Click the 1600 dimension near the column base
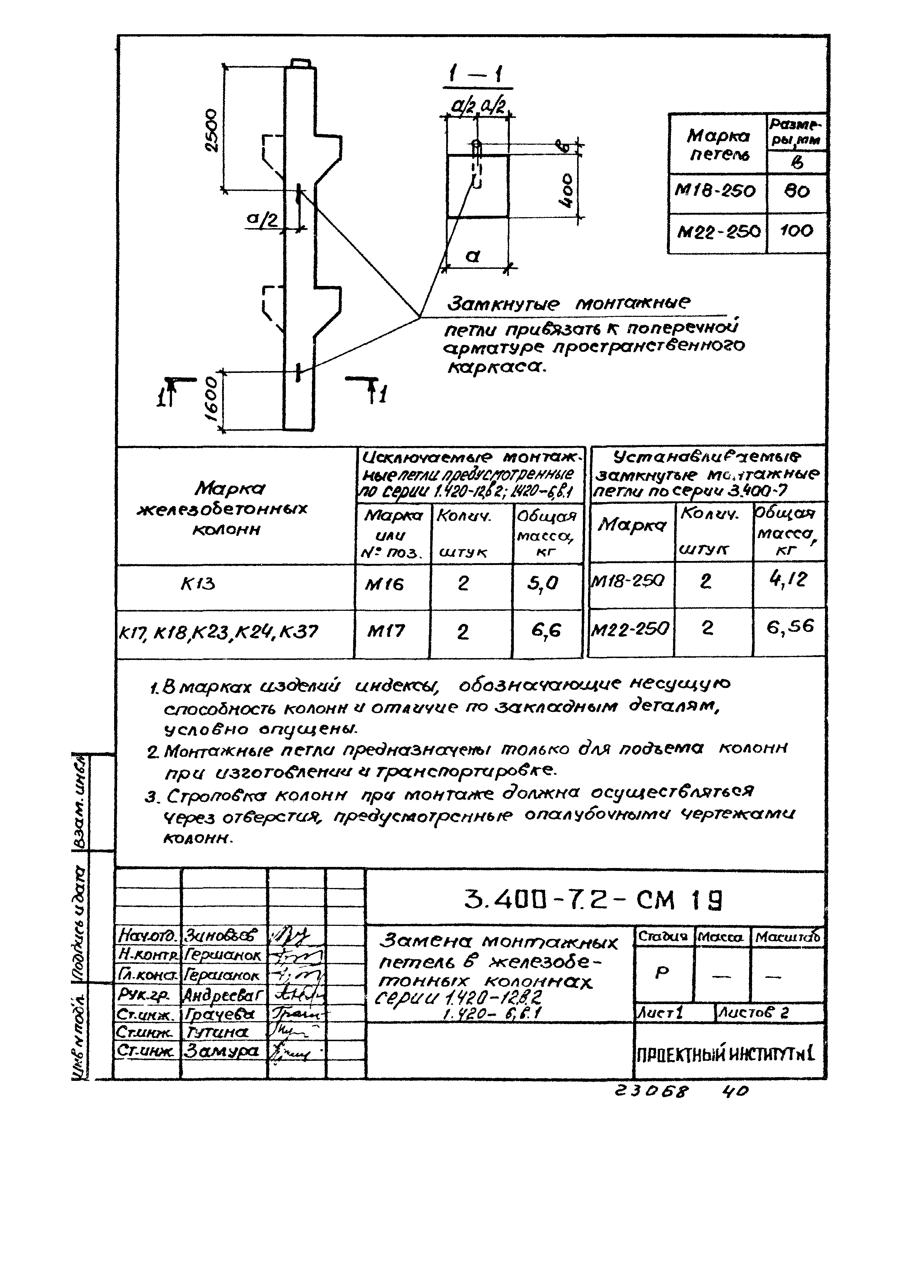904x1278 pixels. coord(212,400)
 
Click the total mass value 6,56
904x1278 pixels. coord(790,628)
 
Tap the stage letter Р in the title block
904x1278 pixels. coord(661,972)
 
